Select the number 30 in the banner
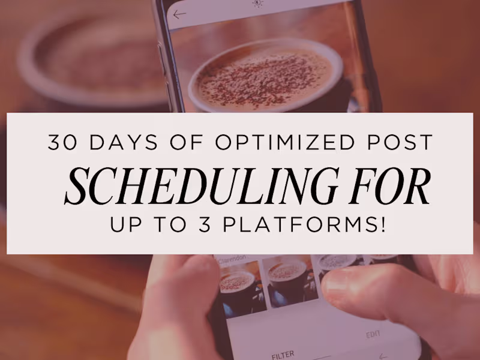pos(62,143)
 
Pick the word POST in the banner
pos(400,143)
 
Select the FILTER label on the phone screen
pos(283,354)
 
